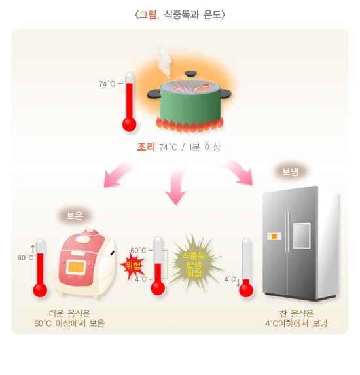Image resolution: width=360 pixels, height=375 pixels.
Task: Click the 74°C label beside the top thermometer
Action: (x=107, y=84)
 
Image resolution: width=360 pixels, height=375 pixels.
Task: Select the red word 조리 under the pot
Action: (x=146, y=147)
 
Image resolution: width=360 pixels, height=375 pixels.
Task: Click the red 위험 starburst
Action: (x=134, y=265)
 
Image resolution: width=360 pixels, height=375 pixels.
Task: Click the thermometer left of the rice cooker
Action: (x=40, y=268)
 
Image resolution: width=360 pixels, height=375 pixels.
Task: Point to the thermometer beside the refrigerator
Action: (x=246, y=268)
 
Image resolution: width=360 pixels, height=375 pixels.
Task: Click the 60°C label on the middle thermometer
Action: (x=138, y=251)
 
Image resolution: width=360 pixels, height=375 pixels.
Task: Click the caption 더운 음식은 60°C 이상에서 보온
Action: (x=69, y=318)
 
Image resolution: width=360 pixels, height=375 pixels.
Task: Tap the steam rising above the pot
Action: (x=163, y=59)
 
